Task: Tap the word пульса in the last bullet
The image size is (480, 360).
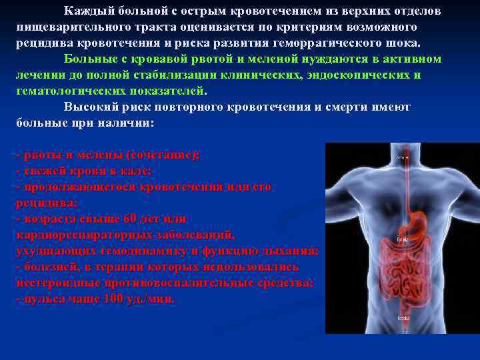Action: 41,299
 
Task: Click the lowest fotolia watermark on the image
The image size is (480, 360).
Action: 403,319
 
